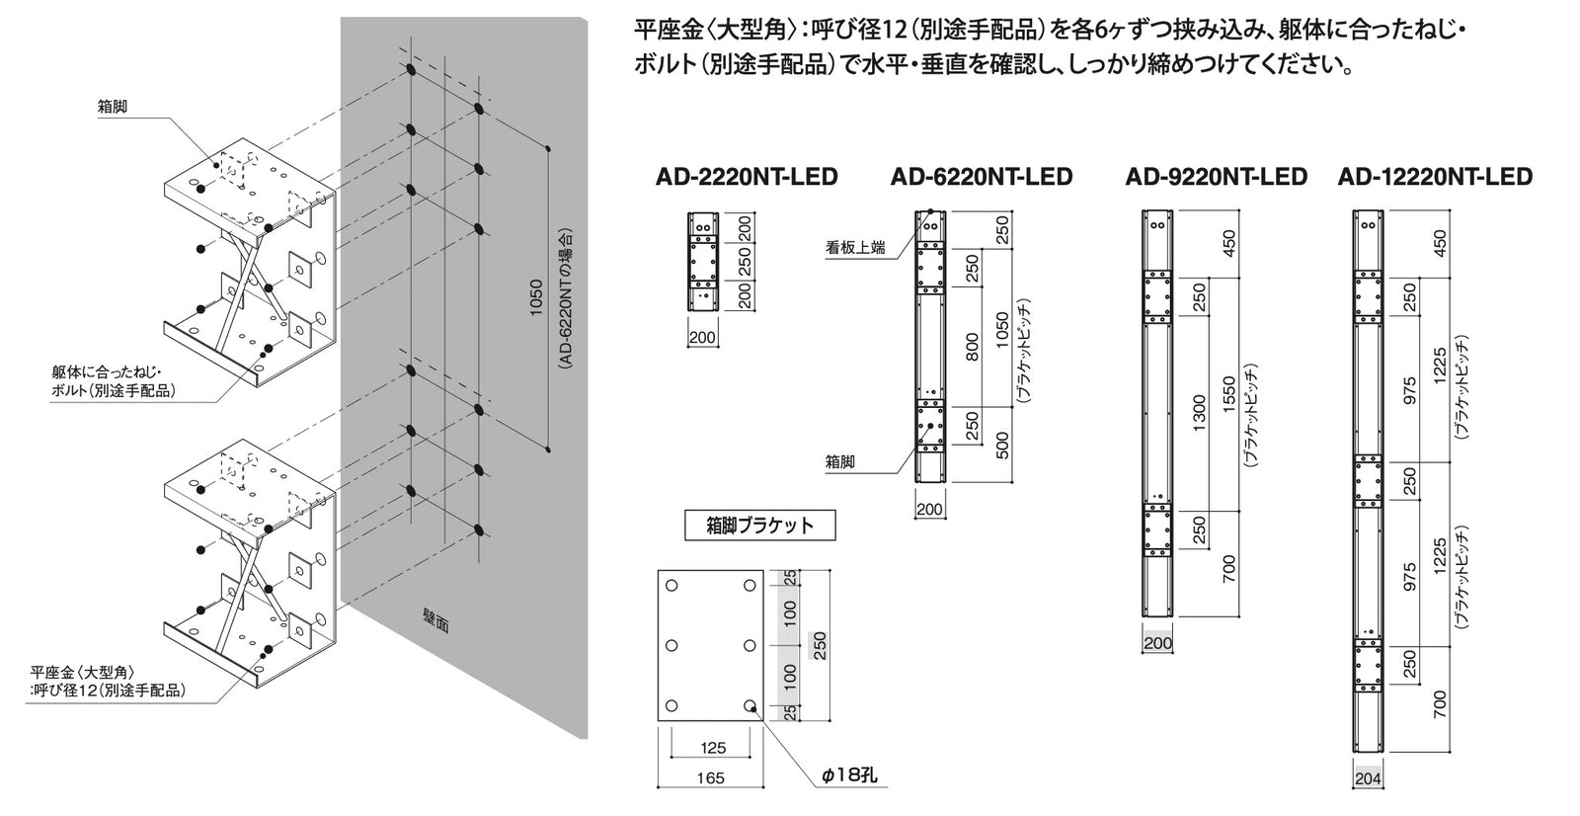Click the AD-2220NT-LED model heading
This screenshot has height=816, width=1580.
pyautogui.click(x=747, y=177)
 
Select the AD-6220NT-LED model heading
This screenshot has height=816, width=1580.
pyautogui.click(x=982, y=177)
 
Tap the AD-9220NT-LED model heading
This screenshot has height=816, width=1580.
pyautogui.click(x=1216, y=177)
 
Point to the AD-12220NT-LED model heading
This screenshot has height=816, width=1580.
pyautogui.click(x=1435, y=177)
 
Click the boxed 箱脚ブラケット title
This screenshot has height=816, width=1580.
pyautogui.click(x=759, y=526)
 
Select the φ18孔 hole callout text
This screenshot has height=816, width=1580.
pyautogui.click(x=849, y=775)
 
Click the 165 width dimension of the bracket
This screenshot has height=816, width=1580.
pyautogui.click(x=710, y=777)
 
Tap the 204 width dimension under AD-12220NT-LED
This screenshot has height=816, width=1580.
pyautogui.click(x=1368, y=778)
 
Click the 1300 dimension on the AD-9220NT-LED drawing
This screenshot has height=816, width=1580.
pyautogui.click(x=1199, y=414)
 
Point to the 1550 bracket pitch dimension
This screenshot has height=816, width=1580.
pyautogui.click(x=1228, y=395)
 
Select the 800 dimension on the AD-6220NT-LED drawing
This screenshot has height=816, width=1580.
pyautogui.click(x=972, y=347)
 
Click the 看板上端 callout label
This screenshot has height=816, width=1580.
pyautogui.click(x=855, y=248)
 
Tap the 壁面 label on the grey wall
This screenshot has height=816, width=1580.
pyautogui.click(x=435, y=621)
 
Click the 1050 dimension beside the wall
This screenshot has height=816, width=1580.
pyautogui.click(x=536, y=298)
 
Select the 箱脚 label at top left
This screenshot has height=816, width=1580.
pyautogui.click(x=113, y=108)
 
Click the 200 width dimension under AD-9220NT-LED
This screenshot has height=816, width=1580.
pyautogui.click(x=1157, y=643)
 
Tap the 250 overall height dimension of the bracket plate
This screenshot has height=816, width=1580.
pyautogui.click(x=819, y=645)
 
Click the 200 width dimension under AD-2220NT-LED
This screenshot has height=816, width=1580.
pyautogui.click(x=702, y=338)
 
